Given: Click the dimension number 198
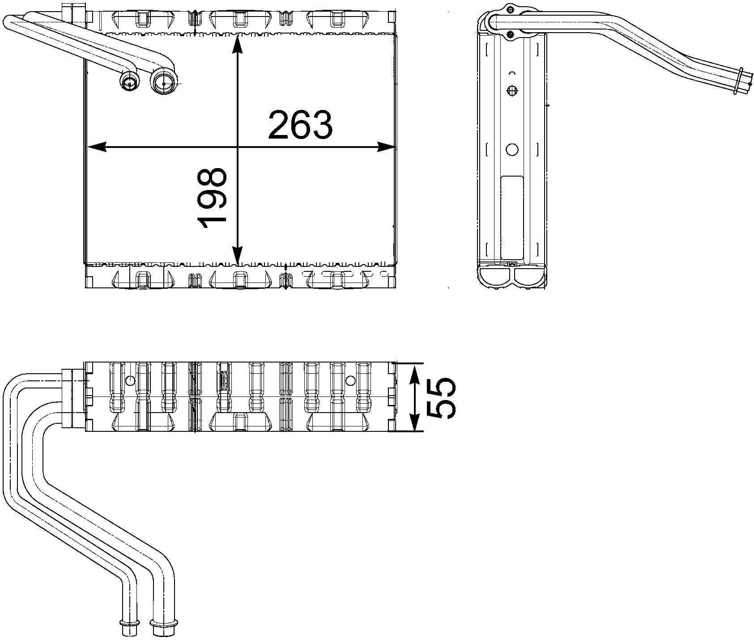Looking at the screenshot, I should (x=212, y=198).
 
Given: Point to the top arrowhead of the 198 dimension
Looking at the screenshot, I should (x=238, y=45).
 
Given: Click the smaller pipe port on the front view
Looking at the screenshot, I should (x=130, y=83).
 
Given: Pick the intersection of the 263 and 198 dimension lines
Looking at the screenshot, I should (x=238, y=147).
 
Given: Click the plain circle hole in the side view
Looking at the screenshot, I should (x=512, y=149).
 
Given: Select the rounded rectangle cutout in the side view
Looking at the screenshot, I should (x=512, y=217).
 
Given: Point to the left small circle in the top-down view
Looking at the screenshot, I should (x=130, y=380).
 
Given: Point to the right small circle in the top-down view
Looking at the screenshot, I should (x=350, y=380).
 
